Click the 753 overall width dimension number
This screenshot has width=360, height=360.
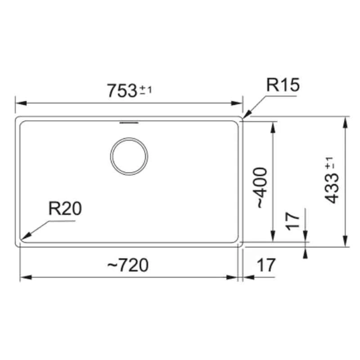121,90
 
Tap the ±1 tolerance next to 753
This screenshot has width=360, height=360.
146,90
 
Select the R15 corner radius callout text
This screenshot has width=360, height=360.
282,85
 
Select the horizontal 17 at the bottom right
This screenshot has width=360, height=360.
265,265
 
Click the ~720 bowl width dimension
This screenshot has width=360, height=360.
128,265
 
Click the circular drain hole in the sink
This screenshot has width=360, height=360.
129,156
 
